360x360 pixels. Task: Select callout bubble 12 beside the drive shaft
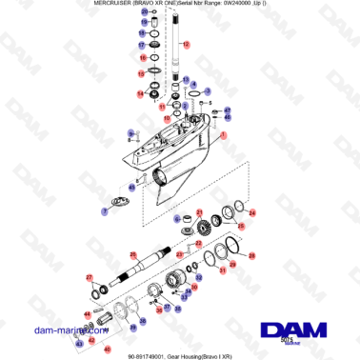tap(187, 44)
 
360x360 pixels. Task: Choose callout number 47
tap(227, 110)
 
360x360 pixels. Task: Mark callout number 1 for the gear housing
tap(224, 136)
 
